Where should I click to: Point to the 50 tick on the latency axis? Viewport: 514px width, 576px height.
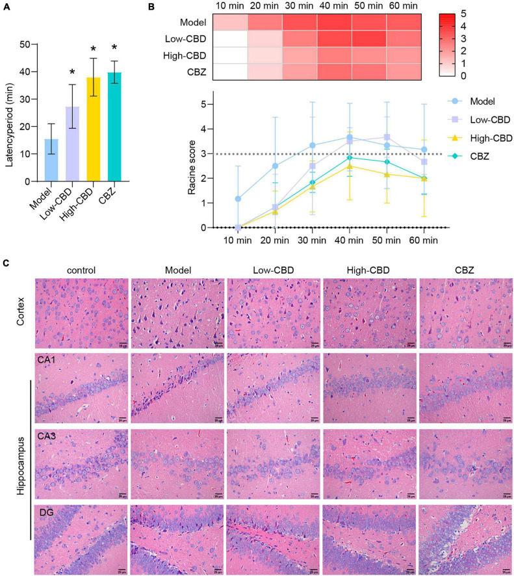point(25,44)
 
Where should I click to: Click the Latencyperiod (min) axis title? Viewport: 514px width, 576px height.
point(8,112)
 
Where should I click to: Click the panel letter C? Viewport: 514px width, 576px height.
point(6,263)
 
